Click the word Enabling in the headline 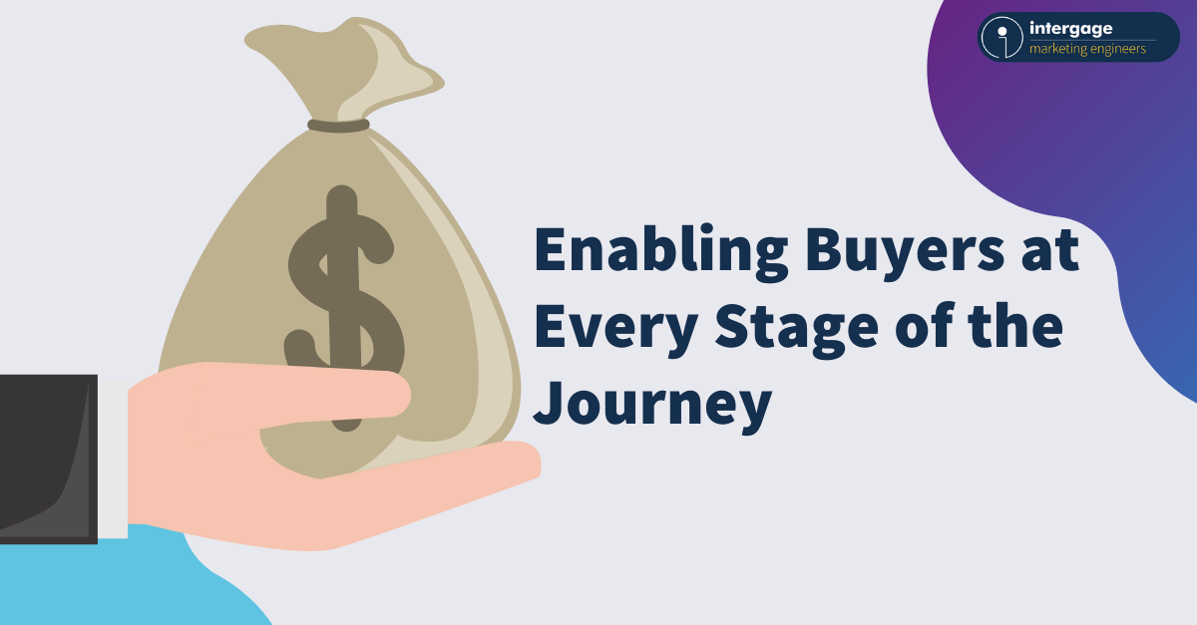pos(660,251)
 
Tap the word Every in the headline pos(616,329)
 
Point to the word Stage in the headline pos(796,329)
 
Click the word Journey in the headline pos(652,406)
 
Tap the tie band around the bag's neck pos(338,126)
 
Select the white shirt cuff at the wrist pos(113,458)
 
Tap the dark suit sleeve pos(48,460)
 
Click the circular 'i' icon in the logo pos(1001,38)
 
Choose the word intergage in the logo pos(1071,29)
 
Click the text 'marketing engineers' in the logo pos(1087,49)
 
